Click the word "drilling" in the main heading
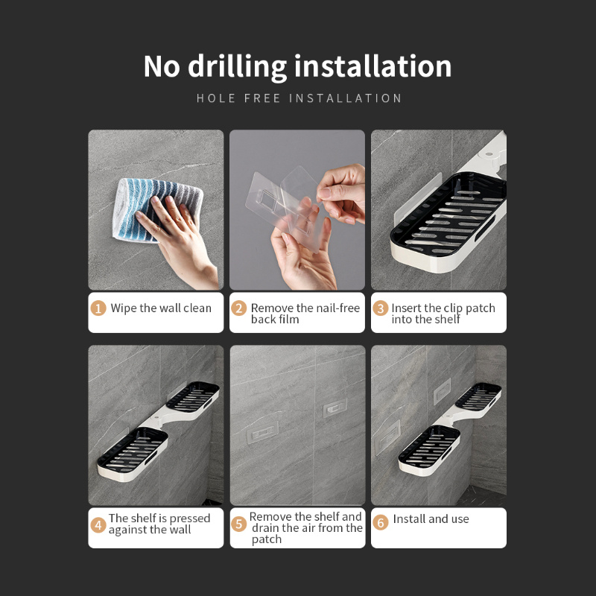coord(237,67)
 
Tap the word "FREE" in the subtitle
coord(262,98)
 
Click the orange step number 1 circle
coord(98,308)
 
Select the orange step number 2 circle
coord(238,308)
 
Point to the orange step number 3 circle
coord(380,308)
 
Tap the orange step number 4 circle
coord(98,525)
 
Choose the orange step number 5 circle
coord(238,524)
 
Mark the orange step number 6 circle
coord(381,522)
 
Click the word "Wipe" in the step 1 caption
coord(124,308)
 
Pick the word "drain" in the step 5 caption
coord(266,528)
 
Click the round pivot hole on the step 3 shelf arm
coord(489,155)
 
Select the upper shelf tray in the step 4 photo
coord(193,396)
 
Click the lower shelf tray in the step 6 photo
coord(429,451)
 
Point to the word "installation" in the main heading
coord(373,67)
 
